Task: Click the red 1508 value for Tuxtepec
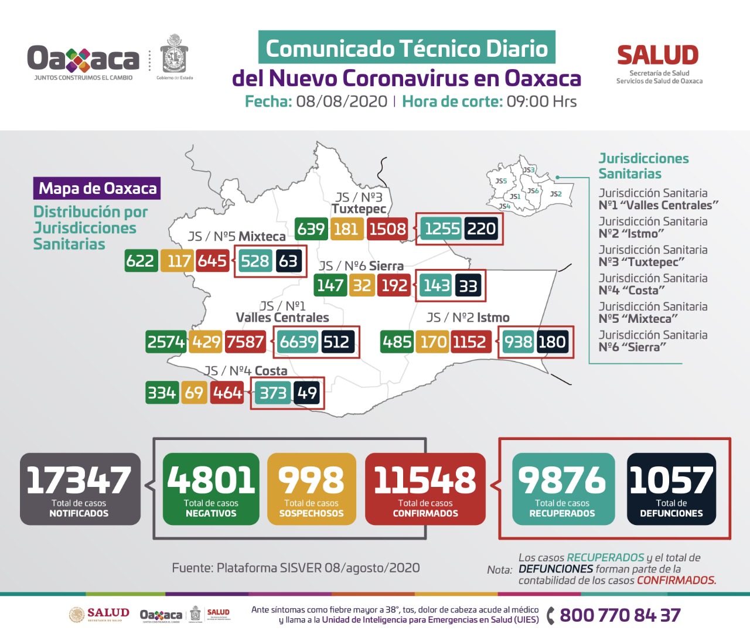[387, 229]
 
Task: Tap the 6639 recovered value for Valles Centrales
[298, 342]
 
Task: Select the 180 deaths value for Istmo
[552, 342]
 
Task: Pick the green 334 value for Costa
[162, 393]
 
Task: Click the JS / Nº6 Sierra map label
[362, 266]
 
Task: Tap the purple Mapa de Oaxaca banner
[97, 188]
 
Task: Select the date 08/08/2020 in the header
[342, 101]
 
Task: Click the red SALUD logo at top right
[658, 56]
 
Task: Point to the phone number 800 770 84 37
[620, 615]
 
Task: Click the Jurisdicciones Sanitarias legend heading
[643, 166]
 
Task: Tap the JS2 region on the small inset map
[555, 194]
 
